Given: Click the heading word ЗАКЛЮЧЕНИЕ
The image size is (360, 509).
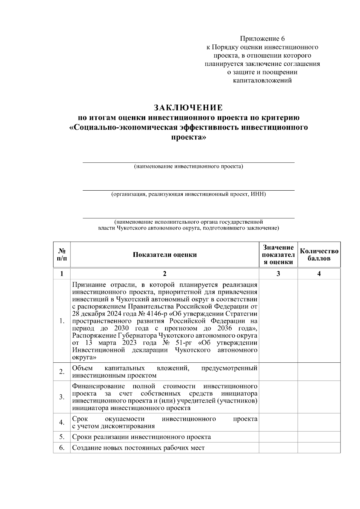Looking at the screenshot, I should (x=188, y=107).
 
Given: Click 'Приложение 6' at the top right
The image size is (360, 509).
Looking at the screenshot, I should (x=262, y=39).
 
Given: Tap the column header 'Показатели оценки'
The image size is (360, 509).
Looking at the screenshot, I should (x=165, y=255).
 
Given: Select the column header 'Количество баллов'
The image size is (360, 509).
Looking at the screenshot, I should (x=319, y=255).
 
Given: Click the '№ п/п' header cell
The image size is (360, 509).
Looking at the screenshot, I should (x=62, y=255).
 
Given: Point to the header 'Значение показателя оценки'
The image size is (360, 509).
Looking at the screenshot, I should (x=278, y=255).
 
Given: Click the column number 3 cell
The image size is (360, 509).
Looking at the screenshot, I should (x=278, y=274).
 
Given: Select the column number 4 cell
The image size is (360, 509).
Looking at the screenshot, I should (x=319, y=274).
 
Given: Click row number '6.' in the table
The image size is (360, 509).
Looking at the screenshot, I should (x=62, y=448).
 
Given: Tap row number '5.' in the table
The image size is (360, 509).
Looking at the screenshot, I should (x=62, y=437).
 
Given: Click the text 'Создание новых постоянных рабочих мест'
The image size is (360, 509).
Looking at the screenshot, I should (x=138, y=448).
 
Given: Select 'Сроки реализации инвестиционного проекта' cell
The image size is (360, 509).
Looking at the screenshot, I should (x=142, y=437).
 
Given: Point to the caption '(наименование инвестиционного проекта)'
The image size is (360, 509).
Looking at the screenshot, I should (x=188, y=166).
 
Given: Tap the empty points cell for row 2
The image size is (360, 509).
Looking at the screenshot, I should (x=319, y=372).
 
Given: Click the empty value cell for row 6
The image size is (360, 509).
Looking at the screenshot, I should (x=278, y=448).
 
